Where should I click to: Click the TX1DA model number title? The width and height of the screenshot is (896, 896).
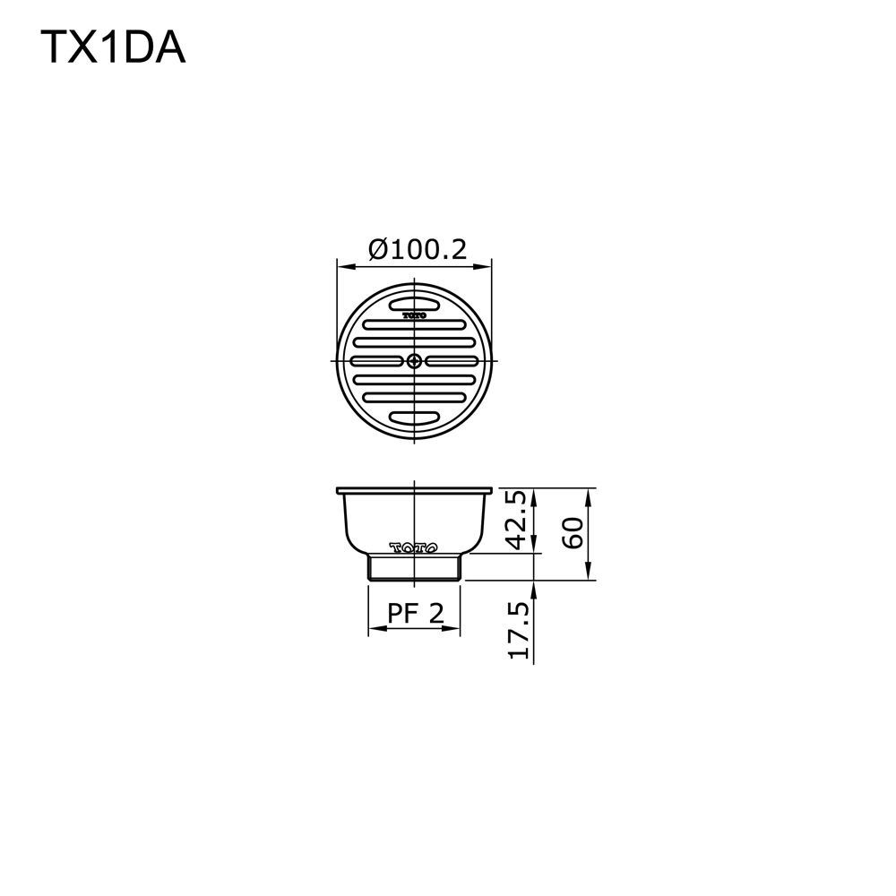(x=113, y=47)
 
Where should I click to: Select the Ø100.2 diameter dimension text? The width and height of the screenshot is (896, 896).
(x=418, y=249)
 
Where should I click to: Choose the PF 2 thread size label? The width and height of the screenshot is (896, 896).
(x=416, y=613)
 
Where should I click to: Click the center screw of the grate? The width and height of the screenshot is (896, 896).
(x=415, y=361)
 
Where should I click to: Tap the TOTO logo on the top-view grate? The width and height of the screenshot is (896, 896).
(x=414, y=314)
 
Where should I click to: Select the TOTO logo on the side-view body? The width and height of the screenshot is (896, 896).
(x=414, y=548)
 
